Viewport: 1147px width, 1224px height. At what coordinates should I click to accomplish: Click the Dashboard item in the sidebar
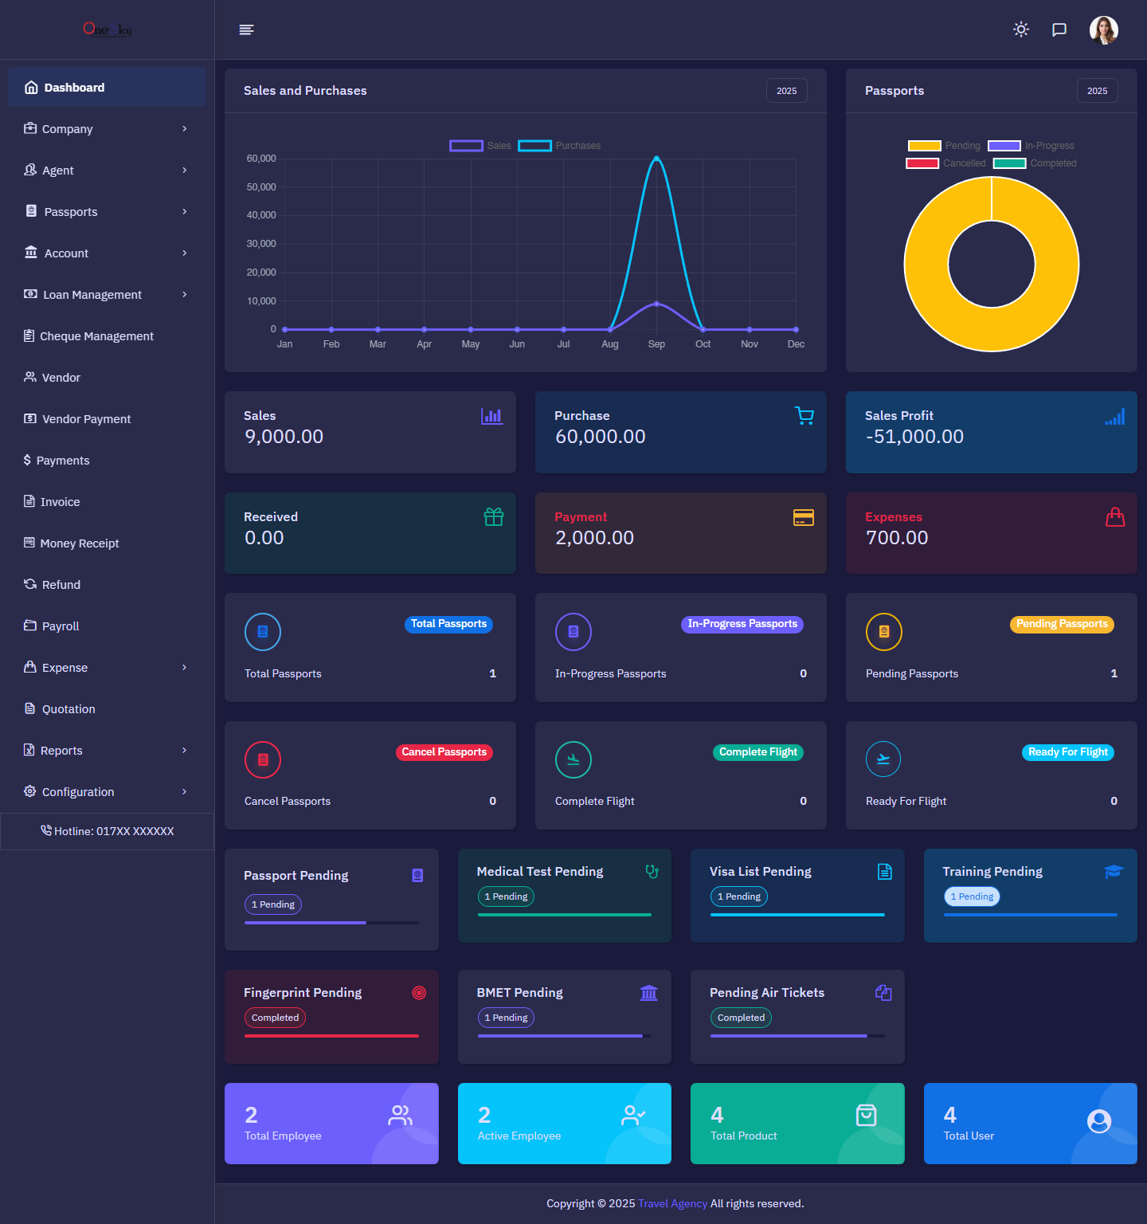tap(74, 88)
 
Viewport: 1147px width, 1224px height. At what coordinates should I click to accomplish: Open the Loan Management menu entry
tap(92, 295)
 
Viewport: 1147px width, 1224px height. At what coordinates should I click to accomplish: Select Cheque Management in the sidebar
tap(96, 336)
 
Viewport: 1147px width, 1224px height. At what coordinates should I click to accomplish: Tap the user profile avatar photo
tap(1103, 30)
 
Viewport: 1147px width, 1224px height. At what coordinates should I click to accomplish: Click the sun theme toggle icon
tap(1021, 29)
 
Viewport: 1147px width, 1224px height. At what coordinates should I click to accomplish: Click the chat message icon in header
tap(1059, 29)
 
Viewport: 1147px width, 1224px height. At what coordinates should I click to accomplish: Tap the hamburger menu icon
tap(246, 29)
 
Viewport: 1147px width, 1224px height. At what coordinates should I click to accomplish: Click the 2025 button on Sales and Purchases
tap(786, 91)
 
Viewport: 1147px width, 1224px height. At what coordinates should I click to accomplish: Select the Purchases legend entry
tap(560, 146)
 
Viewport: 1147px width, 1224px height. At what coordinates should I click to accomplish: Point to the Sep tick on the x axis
tap(656, 344)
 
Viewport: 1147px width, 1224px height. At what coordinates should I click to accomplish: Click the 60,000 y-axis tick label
tap(261, 159)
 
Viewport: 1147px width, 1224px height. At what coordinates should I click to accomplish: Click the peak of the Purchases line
tap(656, 158)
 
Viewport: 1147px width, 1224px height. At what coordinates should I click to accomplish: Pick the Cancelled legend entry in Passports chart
tap(946, 163)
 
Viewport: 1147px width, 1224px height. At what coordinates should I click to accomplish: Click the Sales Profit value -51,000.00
tap(914, 437)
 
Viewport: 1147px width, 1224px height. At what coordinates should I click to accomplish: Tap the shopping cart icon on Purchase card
tap(804, 416)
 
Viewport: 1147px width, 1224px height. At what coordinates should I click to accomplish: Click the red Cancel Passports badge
tap(444, 752)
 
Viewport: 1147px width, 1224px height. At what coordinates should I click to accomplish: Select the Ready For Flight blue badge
tap(1067, 752)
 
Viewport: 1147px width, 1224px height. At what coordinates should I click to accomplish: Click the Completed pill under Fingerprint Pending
tap(275, 1018)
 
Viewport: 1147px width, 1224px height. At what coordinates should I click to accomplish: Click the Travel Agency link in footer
tap(672, 1203)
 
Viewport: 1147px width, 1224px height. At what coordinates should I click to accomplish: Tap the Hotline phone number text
tap(114, 831)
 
